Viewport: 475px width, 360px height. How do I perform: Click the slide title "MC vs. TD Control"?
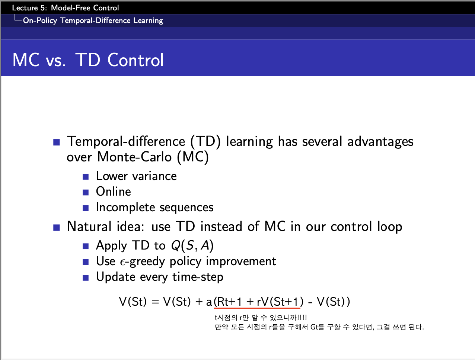pos(88,60)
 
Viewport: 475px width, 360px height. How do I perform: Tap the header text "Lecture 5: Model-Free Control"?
pos(66,8)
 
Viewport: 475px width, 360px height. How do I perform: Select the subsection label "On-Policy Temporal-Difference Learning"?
pos(93,20)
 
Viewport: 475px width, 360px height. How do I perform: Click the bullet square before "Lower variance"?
pos(86,177)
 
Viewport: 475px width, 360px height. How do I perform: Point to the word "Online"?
pos(114,192)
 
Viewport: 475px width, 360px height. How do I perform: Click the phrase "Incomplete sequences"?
pos(155,207)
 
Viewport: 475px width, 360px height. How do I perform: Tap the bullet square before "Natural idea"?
pos(57,228)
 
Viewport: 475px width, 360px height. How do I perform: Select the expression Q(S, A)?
pos(192,245)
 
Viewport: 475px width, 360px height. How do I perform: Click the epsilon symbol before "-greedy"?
pos(123,262)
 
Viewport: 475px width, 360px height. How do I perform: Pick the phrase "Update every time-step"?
pos(159,277)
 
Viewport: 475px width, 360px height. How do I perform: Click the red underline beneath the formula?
pos(257,308)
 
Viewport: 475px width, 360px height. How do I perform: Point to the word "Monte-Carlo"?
pos(134,157)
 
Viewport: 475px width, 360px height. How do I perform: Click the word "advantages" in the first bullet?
pos(380,142)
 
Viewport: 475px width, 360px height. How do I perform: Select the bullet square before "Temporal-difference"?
pos(57,142)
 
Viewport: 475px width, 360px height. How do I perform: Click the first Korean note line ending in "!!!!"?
pos(261,318)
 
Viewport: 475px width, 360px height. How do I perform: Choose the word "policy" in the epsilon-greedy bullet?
pos(185,261)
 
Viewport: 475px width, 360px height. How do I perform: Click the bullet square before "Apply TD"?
pos(86,246)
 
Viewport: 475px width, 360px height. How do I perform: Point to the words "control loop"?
pos(366,226)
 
